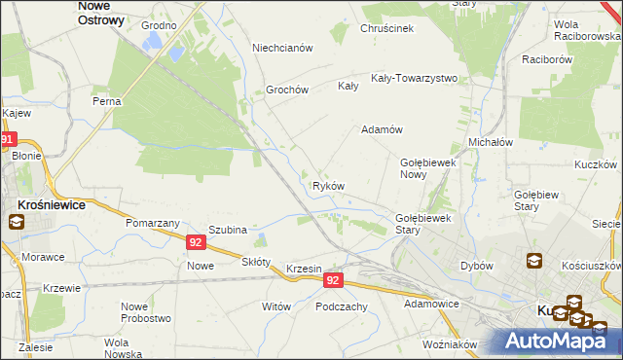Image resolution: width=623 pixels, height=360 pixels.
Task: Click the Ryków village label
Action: coord(328,185)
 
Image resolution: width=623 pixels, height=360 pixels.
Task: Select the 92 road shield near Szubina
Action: coord(196,242)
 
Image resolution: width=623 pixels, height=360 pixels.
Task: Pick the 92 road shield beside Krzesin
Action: coord(333,280)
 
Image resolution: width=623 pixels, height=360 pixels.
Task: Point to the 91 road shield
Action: coord(8,140)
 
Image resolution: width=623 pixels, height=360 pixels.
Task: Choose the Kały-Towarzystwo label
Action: coord(414,78)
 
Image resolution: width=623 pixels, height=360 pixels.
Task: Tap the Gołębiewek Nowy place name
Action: coord(428,168)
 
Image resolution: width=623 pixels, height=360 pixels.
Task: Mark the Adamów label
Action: coord(383,129)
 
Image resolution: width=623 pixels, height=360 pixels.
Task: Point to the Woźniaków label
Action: coord(450,344)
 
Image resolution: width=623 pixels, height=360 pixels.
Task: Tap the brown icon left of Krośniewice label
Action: coord(17,222)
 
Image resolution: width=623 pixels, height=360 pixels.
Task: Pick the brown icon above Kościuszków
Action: coord(534,261)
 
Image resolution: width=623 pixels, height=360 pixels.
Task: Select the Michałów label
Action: coord(491,141)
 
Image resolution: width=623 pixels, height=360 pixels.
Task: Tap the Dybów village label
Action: coord(477,266)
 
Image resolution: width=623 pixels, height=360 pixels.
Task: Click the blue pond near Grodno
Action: coord(151,42)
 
